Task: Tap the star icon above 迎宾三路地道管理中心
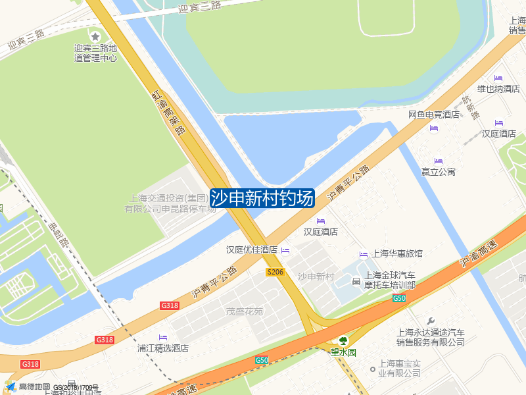pyautogui.click(x=95, y=36)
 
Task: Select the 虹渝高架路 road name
pyautogui.click(x=167, y=112)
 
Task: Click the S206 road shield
pyautogui.click(x=275, y=272)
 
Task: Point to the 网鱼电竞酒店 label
pyautogui.click(x=433, y=115)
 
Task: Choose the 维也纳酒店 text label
pyautogui.click(x=498, y=89)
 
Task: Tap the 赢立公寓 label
pyautogui.click(x=439, y=172)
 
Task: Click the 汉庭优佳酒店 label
pyautogui.click(x=252, y=250)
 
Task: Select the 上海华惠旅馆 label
pyautogui.click(x=397, y=253)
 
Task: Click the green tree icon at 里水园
pyautogui.click(x=343, y=340)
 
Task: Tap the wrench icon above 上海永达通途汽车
pyautogui.click(x=431, y=321)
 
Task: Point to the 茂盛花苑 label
pyautogui.click(x=245, y=311)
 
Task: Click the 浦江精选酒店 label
pyautogui.click(x=163, y=348)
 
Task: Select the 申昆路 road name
pyautogui.click(x=59, y=234)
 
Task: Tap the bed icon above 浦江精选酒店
pyautogui.click(x=163, y=338)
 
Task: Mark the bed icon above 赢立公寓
pyautogui.click(x=439, y=161)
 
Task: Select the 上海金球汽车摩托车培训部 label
pyautogui.click(x=391, y=280)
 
